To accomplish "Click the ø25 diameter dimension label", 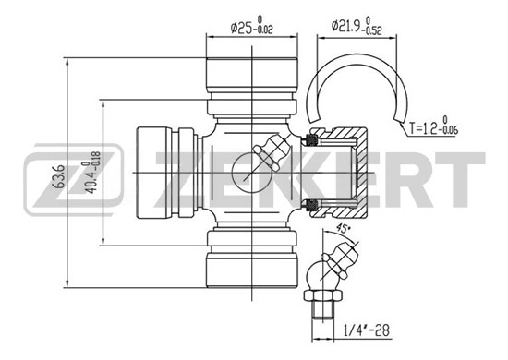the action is (x=252, y=26).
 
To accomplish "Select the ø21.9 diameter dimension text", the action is (x=357, y=25).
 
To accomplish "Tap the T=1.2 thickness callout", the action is (x=433, y=126).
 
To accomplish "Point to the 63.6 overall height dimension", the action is (x=59, y=176).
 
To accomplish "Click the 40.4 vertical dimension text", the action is (x=91, y=173).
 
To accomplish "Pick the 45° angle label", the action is (x=344, y=228).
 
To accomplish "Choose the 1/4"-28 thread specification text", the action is (x=366, y=330).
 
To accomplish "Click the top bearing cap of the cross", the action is (x=252, y=75).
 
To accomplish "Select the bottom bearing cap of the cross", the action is (x=252, y=270).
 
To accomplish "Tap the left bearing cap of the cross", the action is (x=154, y=173).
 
